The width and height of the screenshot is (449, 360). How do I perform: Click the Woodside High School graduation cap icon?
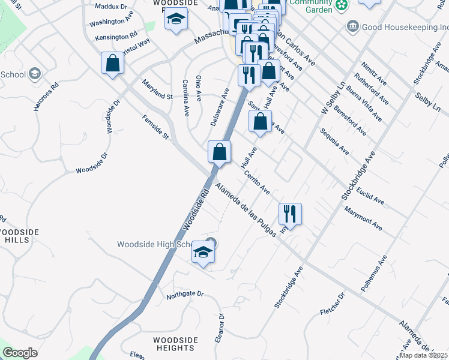pyautogui.click(x=203, y=253)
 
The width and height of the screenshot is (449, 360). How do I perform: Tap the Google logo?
pyautogui.click(x=20, y=353)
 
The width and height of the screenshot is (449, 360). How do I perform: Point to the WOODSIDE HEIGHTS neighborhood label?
pyautogui.click(x=175, y=344)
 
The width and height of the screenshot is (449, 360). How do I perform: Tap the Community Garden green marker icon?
pyautogui.click(x=341, y=5)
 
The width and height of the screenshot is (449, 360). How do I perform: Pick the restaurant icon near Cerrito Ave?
pyautogui.click(x=290, y=214)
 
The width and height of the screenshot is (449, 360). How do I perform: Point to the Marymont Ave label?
pyautogui.click(x=363, y=218)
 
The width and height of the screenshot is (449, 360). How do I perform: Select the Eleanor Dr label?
pyautogui.click(x=220, y=328)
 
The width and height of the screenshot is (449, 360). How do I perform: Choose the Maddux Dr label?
pyautogui.click(x=112, y=7)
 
